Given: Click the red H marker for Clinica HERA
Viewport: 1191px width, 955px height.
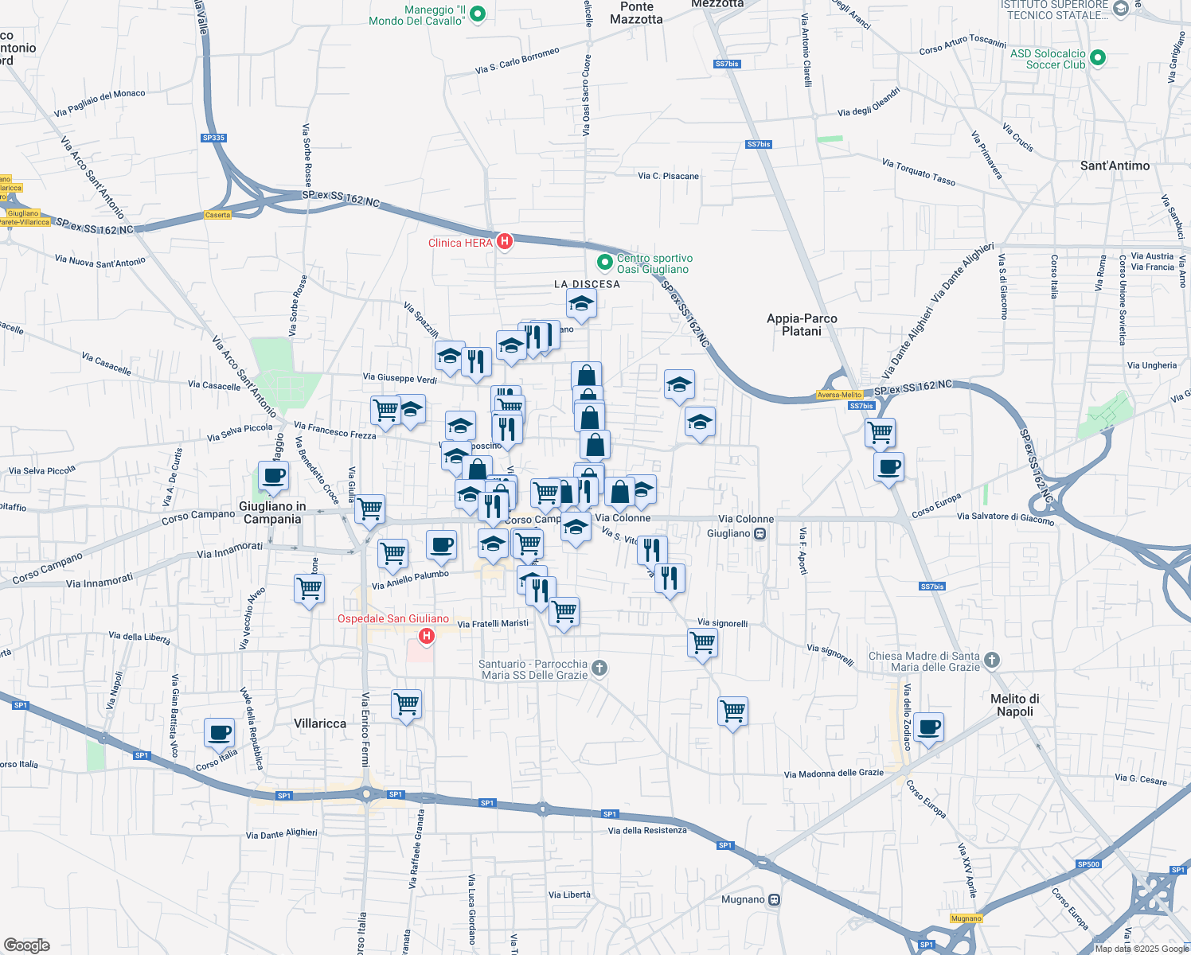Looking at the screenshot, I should pos(504,241).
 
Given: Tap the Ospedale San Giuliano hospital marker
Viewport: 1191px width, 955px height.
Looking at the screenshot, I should pos(427,636).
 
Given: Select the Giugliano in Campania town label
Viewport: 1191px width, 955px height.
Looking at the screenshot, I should pos(272,513).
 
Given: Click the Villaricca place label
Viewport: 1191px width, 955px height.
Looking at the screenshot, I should pos(320,723).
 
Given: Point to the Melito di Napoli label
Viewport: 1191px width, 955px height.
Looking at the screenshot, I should pos(1014,705).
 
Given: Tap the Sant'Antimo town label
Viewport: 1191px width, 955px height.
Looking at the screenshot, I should pos(1115,166).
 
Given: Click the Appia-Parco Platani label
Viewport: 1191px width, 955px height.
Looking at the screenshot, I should pos(802,325).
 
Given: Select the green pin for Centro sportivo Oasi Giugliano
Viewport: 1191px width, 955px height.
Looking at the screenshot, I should pos(605,261).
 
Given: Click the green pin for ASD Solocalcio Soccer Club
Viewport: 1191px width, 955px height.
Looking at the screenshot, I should pos(1098,57).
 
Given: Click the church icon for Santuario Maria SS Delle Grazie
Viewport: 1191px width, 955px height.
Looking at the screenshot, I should pos(599,668).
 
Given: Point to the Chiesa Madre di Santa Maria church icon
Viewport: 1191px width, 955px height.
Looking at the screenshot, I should pos(991,660).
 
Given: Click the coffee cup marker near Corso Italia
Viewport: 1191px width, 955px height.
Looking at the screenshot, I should pos(219,732).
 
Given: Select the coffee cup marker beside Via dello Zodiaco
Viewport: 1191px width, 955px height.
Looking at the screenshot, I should pos(928,727).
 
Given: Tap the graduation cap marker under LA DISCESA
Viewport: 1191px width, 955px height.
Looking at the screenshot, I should pos(582,303).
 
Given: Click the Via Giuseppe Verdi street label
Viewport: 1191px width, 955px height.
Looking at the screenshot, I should pos(400,378).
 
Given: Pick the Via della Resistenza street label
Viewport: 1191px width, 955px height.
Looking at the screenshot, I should pos(647,831).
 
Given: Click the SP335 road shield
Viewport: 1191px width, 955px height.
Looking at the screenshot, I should pos(213,138).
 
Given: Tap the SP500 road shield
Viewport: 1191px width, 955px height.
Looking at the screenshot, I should pos(1088,864).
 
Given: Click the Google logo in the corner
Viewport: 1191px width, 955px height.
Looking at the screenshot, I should pos(26,945).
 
